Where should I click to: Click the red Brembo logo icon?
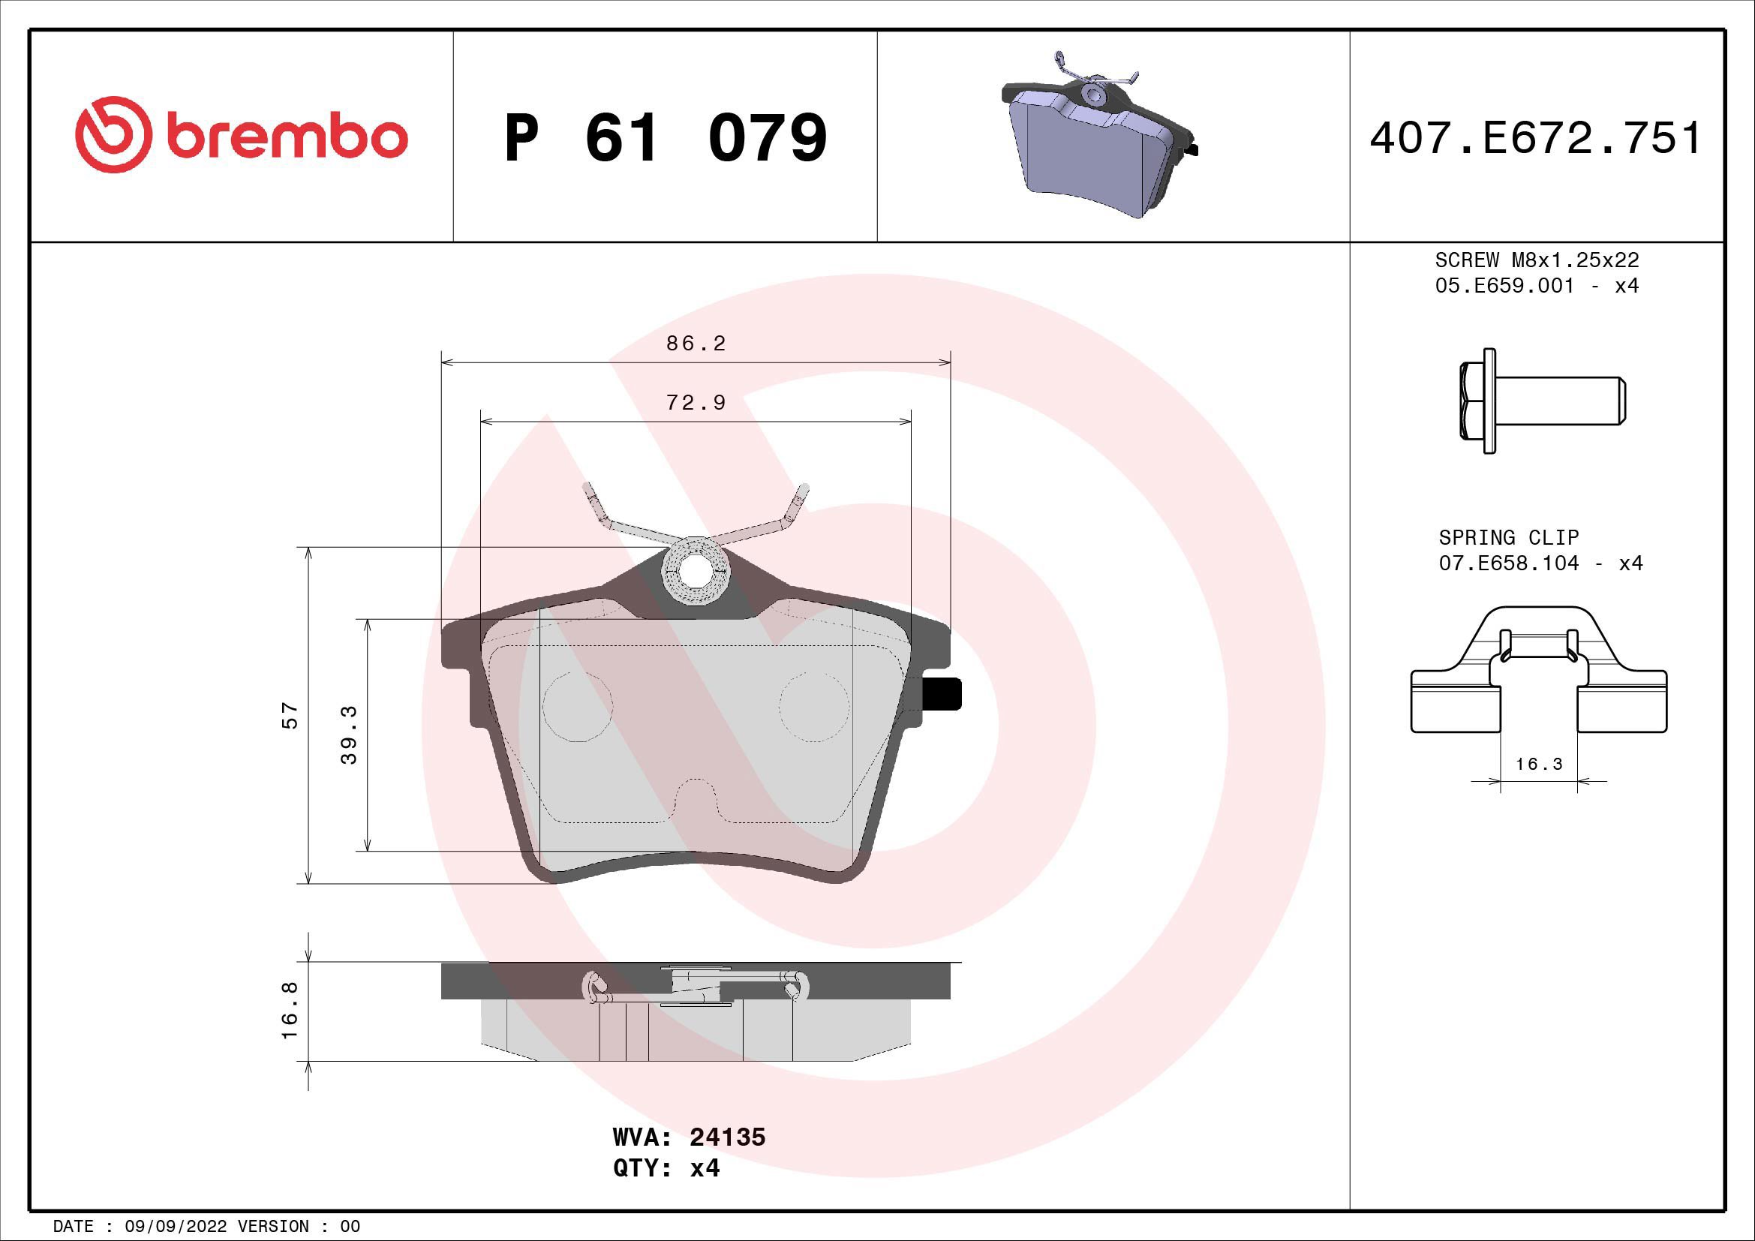110,134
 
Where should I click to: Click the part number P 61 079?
665,138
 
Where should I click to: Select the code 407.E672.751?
1536,138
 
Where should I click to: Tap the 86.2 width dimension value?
696,344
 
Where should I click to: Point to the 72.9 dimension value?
696,403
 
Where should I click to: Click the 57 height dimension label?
290,715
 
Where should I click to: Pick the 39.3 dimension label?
349,735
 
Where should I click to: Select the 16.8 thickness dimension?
290,1011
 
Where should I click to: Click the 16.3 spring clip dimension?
1539,764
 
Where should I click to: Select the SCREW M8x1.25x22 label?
1537,260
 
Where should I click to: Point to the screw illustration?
1540,401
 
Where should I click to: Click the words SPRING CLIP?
1508,537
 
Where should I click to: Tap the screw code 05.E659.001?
1504,286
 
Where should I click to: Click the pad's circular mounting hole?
695,572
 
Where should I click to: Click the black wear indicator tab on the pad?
942,694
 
